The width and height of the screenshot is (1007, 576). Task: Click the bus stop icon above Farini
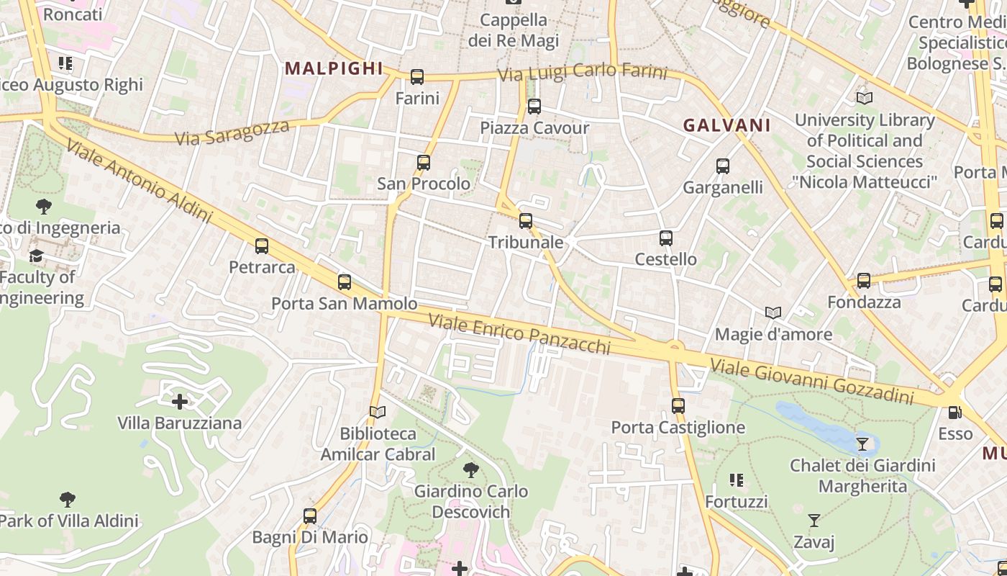[x=416, y=77]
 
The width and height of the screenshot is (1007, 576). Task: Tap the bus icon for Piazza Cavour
[x=534, y=107]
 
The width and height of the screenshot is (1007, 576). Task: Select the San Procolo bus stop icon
[x=424, y=163]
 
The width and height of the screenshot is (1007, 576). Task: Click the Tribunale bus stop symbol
[x=526, y=221]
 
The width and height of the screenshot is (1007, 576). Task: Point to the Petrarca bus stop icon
[x=262, y=246]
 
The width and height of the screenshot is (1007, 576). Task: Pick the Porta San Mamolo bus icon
[x=345, y=282]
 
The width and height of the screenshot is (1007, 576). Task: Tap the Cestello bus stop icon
[x=666, y=238]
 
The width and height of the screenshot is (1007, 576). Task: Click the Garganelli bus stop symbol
[x=723, y=166]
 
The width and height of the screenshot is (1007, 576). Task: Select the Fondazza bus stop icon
[x=864, y=281]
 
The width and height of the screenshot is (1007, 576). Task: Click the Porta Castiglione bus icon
[x=678, y=406]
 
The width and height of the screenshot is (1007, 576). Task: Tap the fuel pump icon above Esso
[x=954, y=413]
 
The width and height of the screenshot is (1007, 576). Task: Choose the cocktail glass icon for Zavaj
[x=814, y=520]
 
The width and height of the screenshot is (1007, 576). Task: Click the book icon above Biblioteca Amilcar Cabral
[x=378, y=412]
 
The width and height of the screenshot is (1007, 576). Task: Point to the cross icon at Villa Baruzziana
[x=180, y=401]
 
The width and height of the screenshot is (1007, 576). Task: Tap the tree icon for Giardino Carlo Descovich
[x=471, y=470]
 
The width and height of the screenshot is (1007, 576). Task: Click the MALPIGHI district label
[x=334, y=68]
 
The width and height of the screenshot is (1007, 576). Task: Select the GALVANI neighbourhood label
[x=726, y=125]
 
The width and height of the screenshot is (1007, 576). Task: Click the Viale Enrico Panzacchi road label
[x=520, y=334]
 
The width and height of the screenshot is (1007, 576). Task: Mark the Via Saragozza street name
[x=232, y=132]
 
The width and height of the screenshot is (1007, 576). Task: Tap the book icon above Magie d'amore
[x=773, y=313]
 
